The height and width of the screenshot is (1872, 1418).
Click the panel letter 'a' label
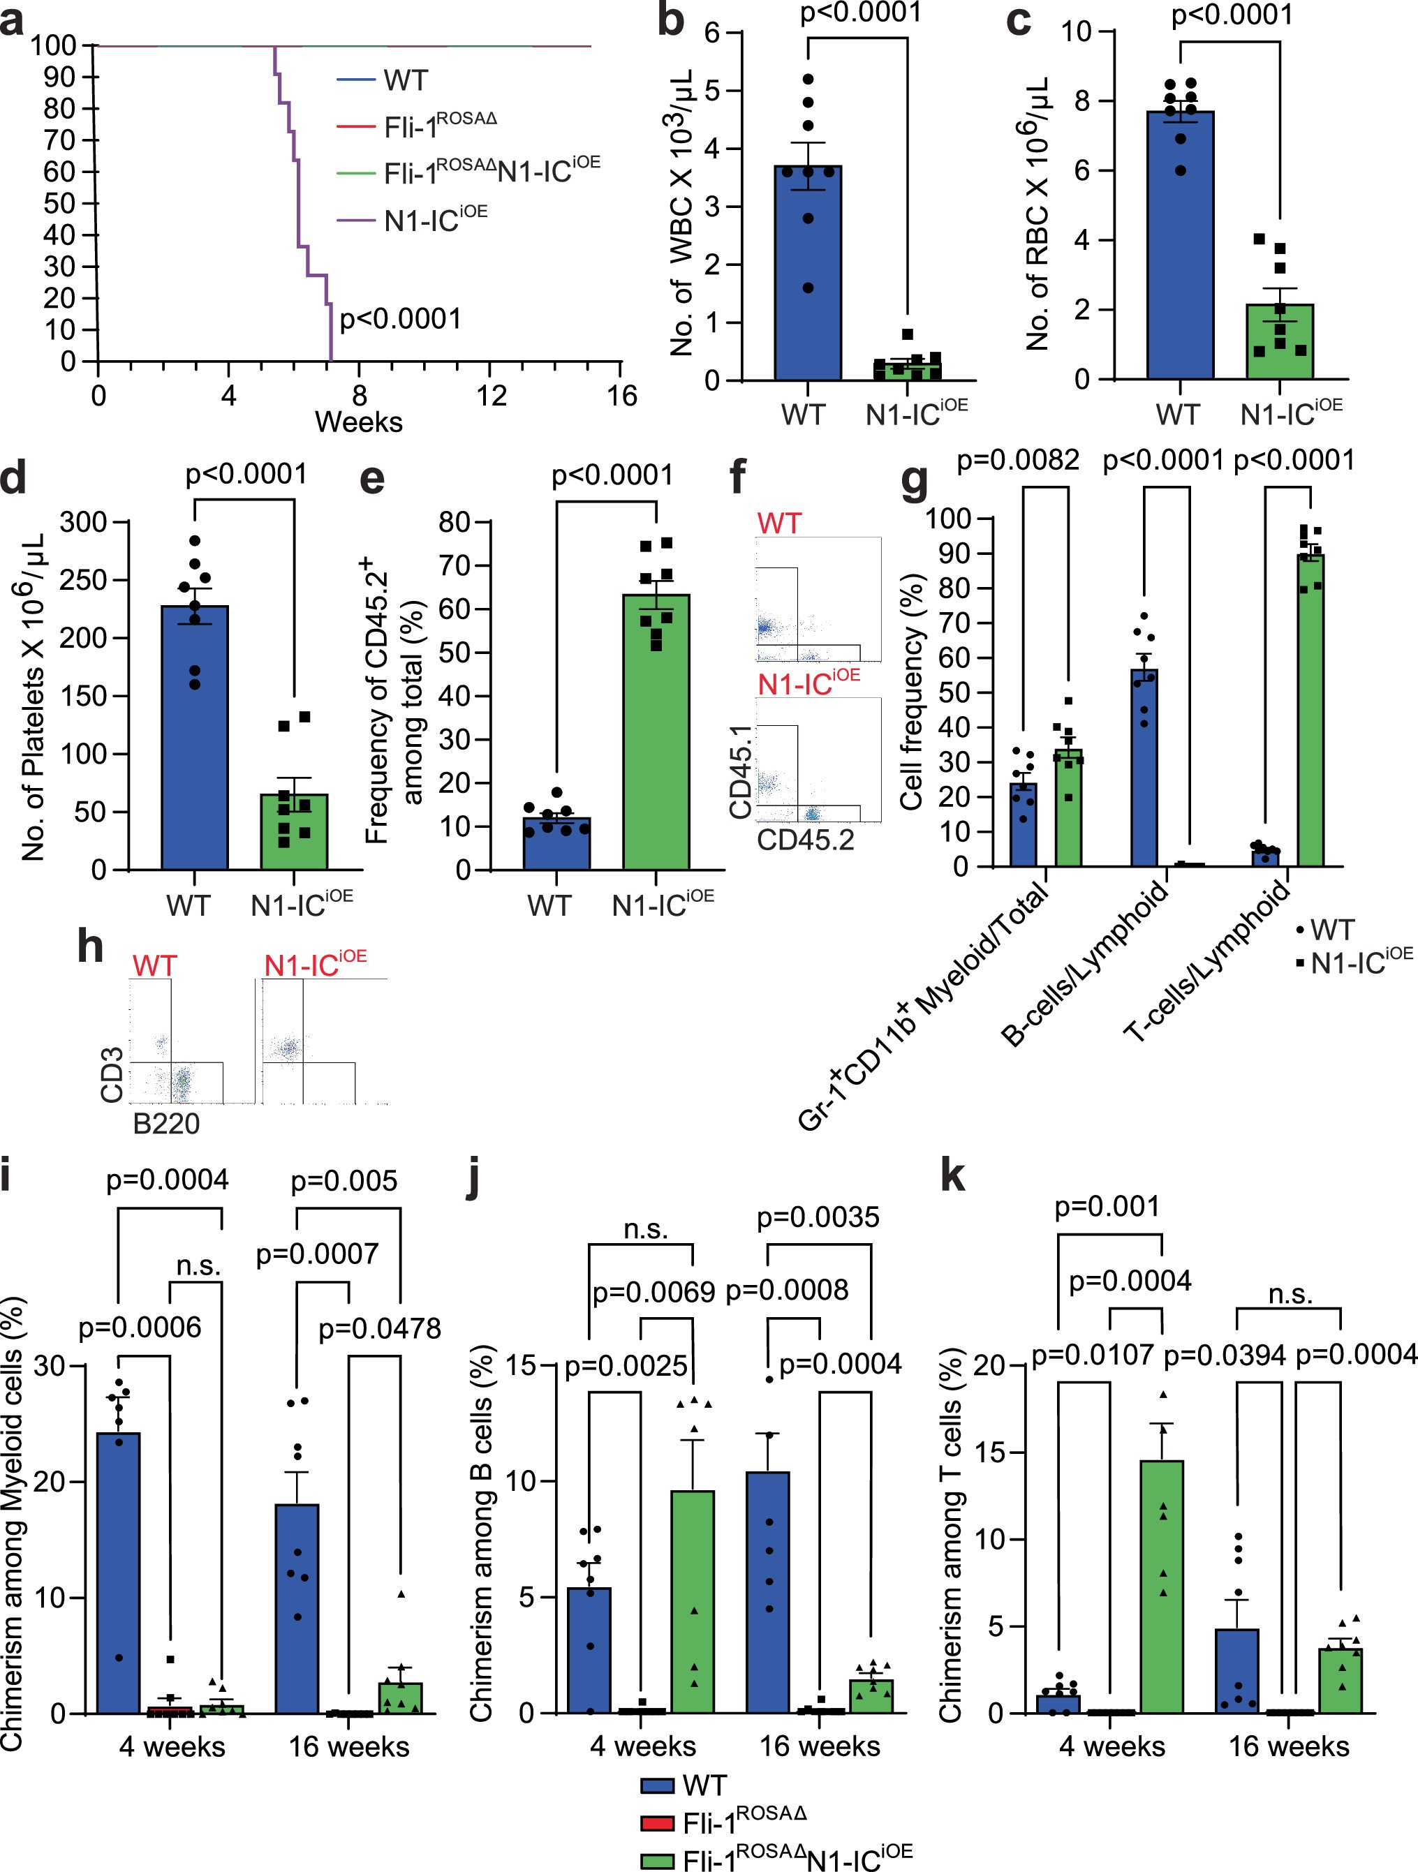tap(12, 20)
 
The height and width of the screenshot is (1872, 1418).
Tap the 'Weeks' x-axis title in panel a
tap(358, 422)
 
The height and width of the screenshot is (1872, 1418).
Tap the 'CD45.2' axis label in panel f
tap(805, 840)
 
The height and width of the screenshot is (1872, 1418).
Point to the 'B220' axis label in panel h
tap(166, 1124)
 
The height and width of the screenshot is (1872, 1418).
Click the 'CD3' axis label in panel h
tap(112, 1074)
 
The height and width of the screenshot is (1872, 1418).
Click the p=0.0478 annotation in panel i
tap(379, 1329)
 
